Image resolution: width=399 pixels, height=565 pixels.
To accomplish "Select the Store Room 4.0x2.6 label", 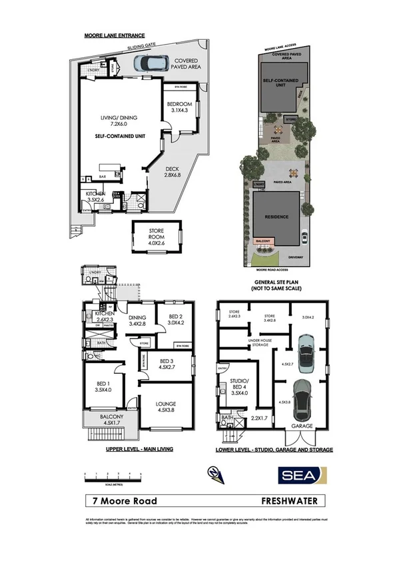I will pos(157,238).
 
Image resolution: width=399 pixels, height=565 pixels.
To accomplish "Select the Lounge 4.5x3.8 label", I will pos(166,406).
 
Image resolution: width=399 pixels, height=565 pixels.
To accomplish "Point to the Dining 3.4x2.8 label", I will pos(137,321).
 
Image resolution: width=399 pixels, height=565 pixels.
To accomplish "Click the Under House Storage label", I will pos(256,344).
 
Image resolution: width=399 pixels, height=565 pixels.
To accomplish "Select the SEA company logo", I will pos(301,474).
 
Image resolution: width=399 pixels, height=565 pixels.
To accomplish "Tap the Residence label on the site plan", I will pos(277,216).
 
